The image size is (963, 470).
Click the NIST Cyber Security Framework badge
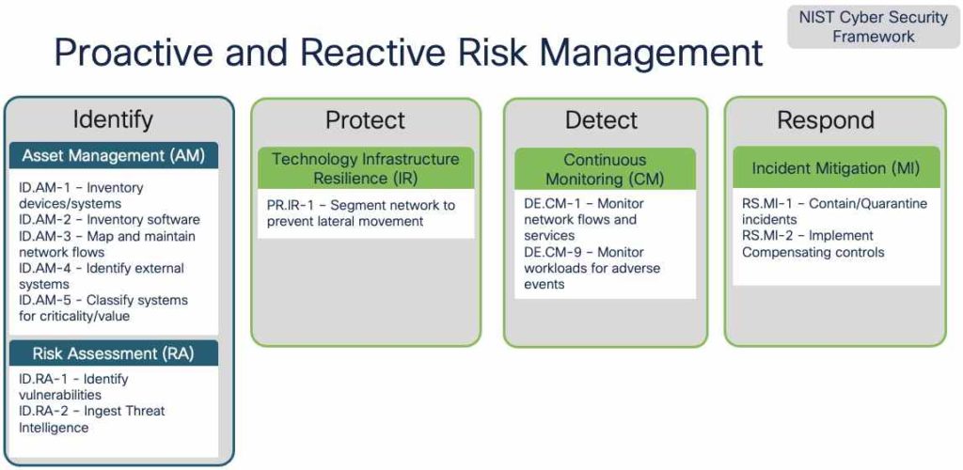point(874,27)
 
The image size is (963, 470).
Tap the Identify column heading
point(113,119)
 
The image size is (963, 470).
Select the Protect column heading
point(365,120)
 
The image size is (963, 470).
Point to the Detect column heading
point(601,120)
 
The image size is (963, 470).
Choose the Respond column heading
point(825,120)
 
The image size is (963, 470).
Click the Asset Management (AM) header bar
point(114,155)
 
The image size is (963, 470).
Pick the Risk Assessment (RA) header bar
point(114,353)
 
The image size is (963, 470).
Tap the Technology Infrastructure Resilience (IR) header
point(365,168)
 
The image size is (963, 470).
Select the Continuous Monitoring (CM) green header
point(605,169)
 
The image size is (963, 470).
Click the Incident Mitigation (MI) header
point(835,168)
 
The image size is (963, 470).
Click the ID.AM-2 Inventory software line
point(109,220)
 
